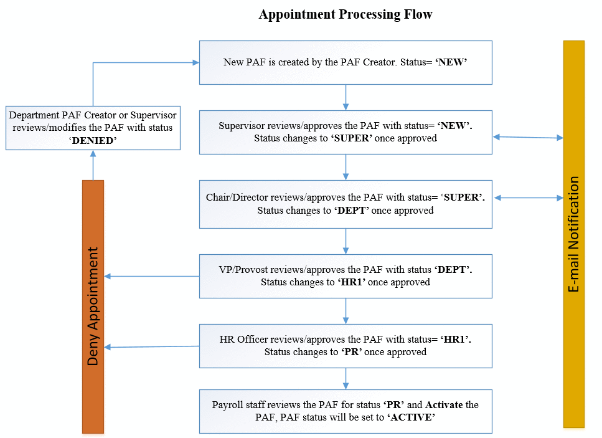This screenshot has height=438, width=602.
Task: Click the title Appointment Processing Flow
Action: click(x=346, y=14)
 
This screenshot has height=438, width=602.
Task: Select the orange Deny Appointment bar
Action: click(x=93, y=307)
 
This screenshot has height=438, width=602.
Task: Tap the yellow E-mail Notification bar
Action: click(x=574, y=234)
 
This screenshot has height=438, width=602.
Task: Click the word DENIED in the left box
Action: click(x=93, y=141)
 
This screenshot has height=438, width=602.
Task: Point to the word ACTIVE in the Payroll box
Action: click(x=411, y=417)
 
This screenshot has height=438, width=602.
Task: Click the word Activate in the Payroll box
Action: click(x=444, y=404)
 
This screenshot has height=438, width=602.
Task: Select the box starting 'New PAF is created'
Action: click(x=346, y=63)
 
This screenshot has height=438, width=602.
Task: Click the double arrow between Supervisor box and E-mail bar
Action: click(x=528, y=137)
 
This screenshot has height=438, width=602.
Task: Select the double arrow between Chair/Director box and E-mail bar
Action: click(x=529, y=198)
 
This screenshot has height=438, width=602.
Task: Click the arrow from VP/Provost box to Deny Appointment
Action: click(x=152, y=276)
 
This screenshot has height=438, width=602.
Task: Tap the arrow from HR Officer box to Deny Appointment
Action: click(x=152, y=347)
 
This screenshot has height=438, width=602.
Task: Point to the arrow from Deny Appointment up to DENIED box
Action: click(x=93, y=165)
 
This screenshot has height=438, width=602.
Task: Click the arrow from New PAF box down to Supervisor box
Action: click(x=346, y=98)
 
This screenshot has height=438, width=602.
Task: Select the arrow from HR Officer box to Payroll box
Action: click(x=346, y=379)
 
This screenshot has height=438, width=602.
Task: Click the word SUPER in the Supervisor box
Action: click(x=352, y=138)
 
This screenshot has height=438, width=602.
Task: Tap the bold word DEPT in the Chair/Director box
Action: click(x=351, y=211)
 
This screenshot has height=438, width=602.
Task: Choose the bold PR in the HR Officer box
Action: click(x=351, y=352)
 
